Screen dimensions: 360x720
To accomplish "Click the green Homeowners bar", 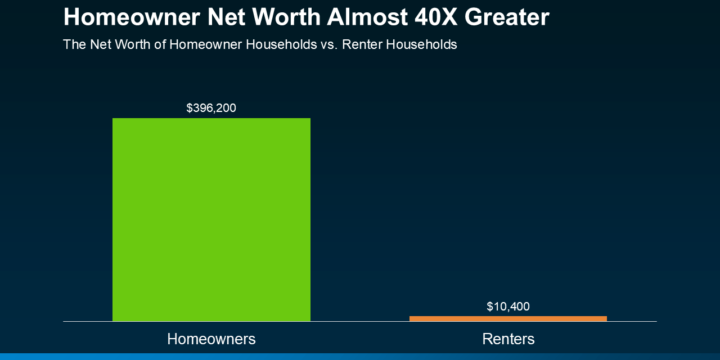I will tap(211, 219).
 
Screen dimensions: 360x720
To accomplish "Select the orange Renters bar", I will tap(508, 318).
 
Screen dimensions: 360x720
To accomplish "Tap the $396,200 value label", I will tap(211, 108).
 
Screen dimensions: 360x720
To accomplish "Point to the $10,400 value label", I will tap(508, 307).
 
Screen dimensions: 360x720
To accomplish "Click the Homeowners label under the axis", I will tap(211, 339).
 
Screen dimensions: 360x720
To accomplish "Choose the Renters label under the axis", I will tap(508, 339).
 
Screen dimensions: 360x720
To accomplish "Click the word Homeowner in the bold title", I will tap(132, 17).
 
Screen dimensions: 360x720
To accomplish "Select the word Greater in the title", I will tap(507, 17).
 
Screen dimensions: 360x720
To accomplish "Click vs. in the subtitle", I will tap(329, 44).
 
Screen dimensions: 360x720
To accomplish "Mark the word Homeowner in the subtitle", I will tap(205, 44).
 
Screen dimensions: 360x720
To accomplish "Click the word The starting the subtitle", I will tap(74, 44).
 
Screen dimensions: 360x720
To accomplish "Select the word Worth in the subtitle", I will tap(133, 44).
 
